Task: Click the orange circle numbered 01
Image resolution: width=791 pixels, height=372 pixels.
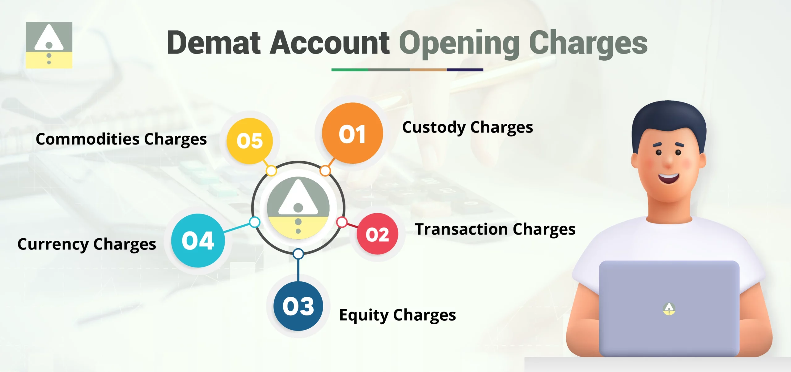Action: tap(352, 134)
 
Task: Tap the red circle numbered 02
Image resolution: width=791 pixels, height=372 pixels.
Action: tap(377, 234)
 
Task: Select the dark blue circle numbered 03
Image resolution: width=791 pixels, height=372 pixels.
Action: tap(298, 306)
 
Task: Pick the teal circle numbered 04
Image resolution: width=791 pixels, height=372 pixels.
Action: tap(198, 240)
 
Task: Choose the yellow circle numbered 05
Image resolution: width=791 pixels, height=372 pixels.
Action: tap(250, 141)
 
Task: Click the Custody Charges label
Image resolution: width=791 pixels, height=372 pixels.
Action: tap(467, 128)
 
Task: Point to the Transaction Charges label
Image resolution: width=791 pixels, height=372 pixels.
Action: tap(495, 230)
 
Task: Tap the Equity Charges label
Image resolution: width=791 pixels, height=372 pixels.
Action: tap(397, 315)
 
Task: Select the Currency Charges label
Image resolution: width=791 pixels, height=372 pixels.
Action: tap(87, 244)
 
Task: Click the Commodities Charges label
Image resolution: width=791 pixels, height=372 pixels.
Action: tap(121, 139)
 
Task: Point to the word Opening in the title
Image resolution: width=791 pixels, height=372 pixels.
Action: tap(459, 43)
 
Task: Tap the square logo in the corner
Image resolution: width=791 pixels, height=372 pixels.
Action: tap(49, 45)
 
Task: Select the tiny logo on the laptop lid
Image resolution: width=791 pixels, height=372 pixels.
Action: tap(669, 309)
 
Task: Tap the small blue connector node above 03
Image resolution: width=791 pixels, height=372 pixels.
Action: tap(298, 254)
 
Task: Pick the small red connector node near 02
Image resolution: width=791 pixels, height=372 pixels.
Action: tap(342, 222)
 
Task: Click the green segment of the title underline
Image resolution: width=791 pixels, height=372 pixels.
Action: tap(349, 70)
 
